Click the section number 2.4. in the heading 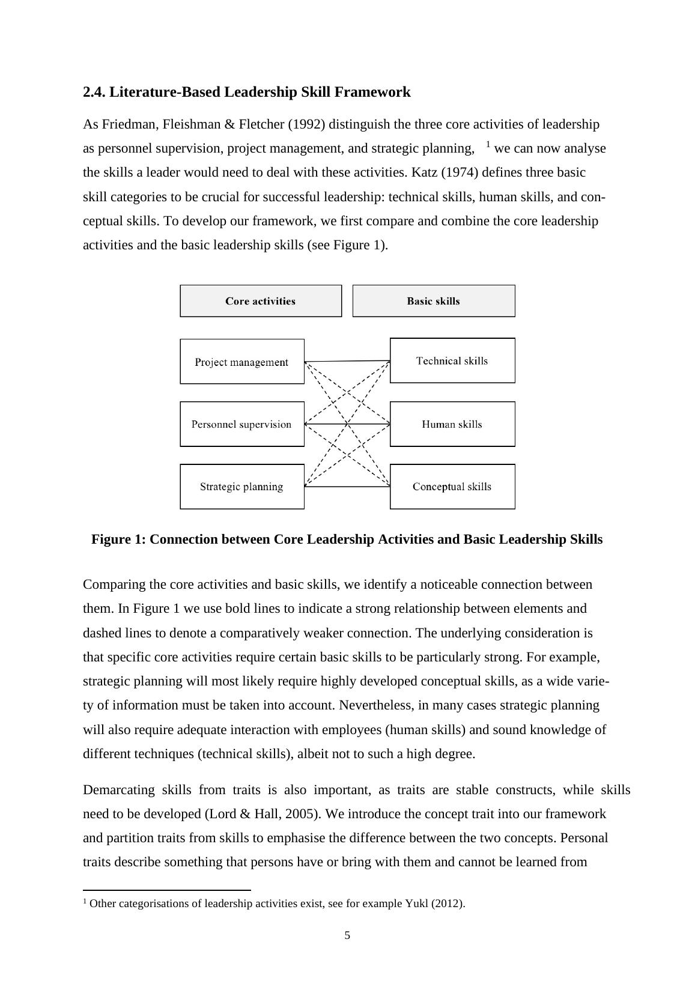94,92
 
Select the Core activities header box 261,301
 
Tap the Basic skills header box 433,301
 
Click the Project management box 241,362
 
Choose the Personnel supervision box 241,424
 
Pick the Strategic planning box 241,487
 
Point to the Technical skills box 452,360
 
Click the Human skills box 452,424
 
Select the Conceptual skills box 452,487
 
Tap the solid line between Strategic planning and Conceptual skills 347,487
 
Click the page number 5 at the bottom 347,935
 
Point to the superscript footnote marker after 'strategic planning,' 488,145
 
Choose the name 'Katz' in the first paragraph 425,172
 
